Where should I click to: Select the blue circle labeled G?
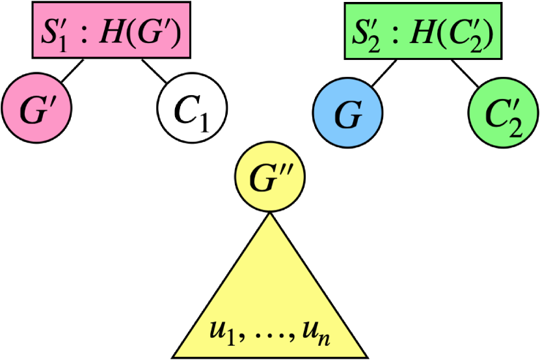pyautogui.click(x=347, y=114)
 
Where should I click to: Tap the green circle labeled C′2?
pyautogui.click(x=503, y=114)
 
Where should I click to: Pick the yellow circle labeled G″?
pyautogui.click(x=269, y=178)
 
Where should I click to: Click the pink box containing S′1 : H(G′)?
pyautogui.click(x=111, y=31)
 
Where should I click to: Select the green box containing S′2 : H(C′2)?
pyautogui.click(x=423, y=31)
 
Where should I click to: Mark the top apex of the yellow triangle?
pyautogui.click(x=269, y=215)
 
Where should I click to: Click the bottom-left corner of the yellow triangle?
pyautogui.click(x=176, y=355)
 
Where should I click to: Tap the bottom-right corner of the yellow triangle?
pyautogui.click(x=364, y=355)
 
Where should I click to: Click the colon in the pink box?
pyautogui.click(x=83, y=33)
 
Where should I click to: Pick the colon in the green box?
pyautogui.click(x=395, y=33)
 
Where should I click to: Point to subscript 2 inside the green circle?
pyautogui.click(x=515, y=128)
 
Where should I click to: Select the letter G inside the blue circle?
pyautogui.click(x=347, y=115)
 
